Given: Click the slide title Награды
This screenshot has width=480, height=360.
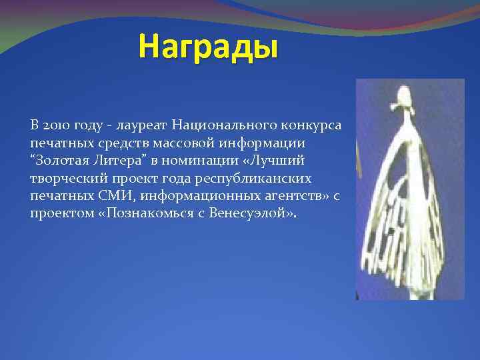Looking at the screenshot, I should (207, 48).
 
